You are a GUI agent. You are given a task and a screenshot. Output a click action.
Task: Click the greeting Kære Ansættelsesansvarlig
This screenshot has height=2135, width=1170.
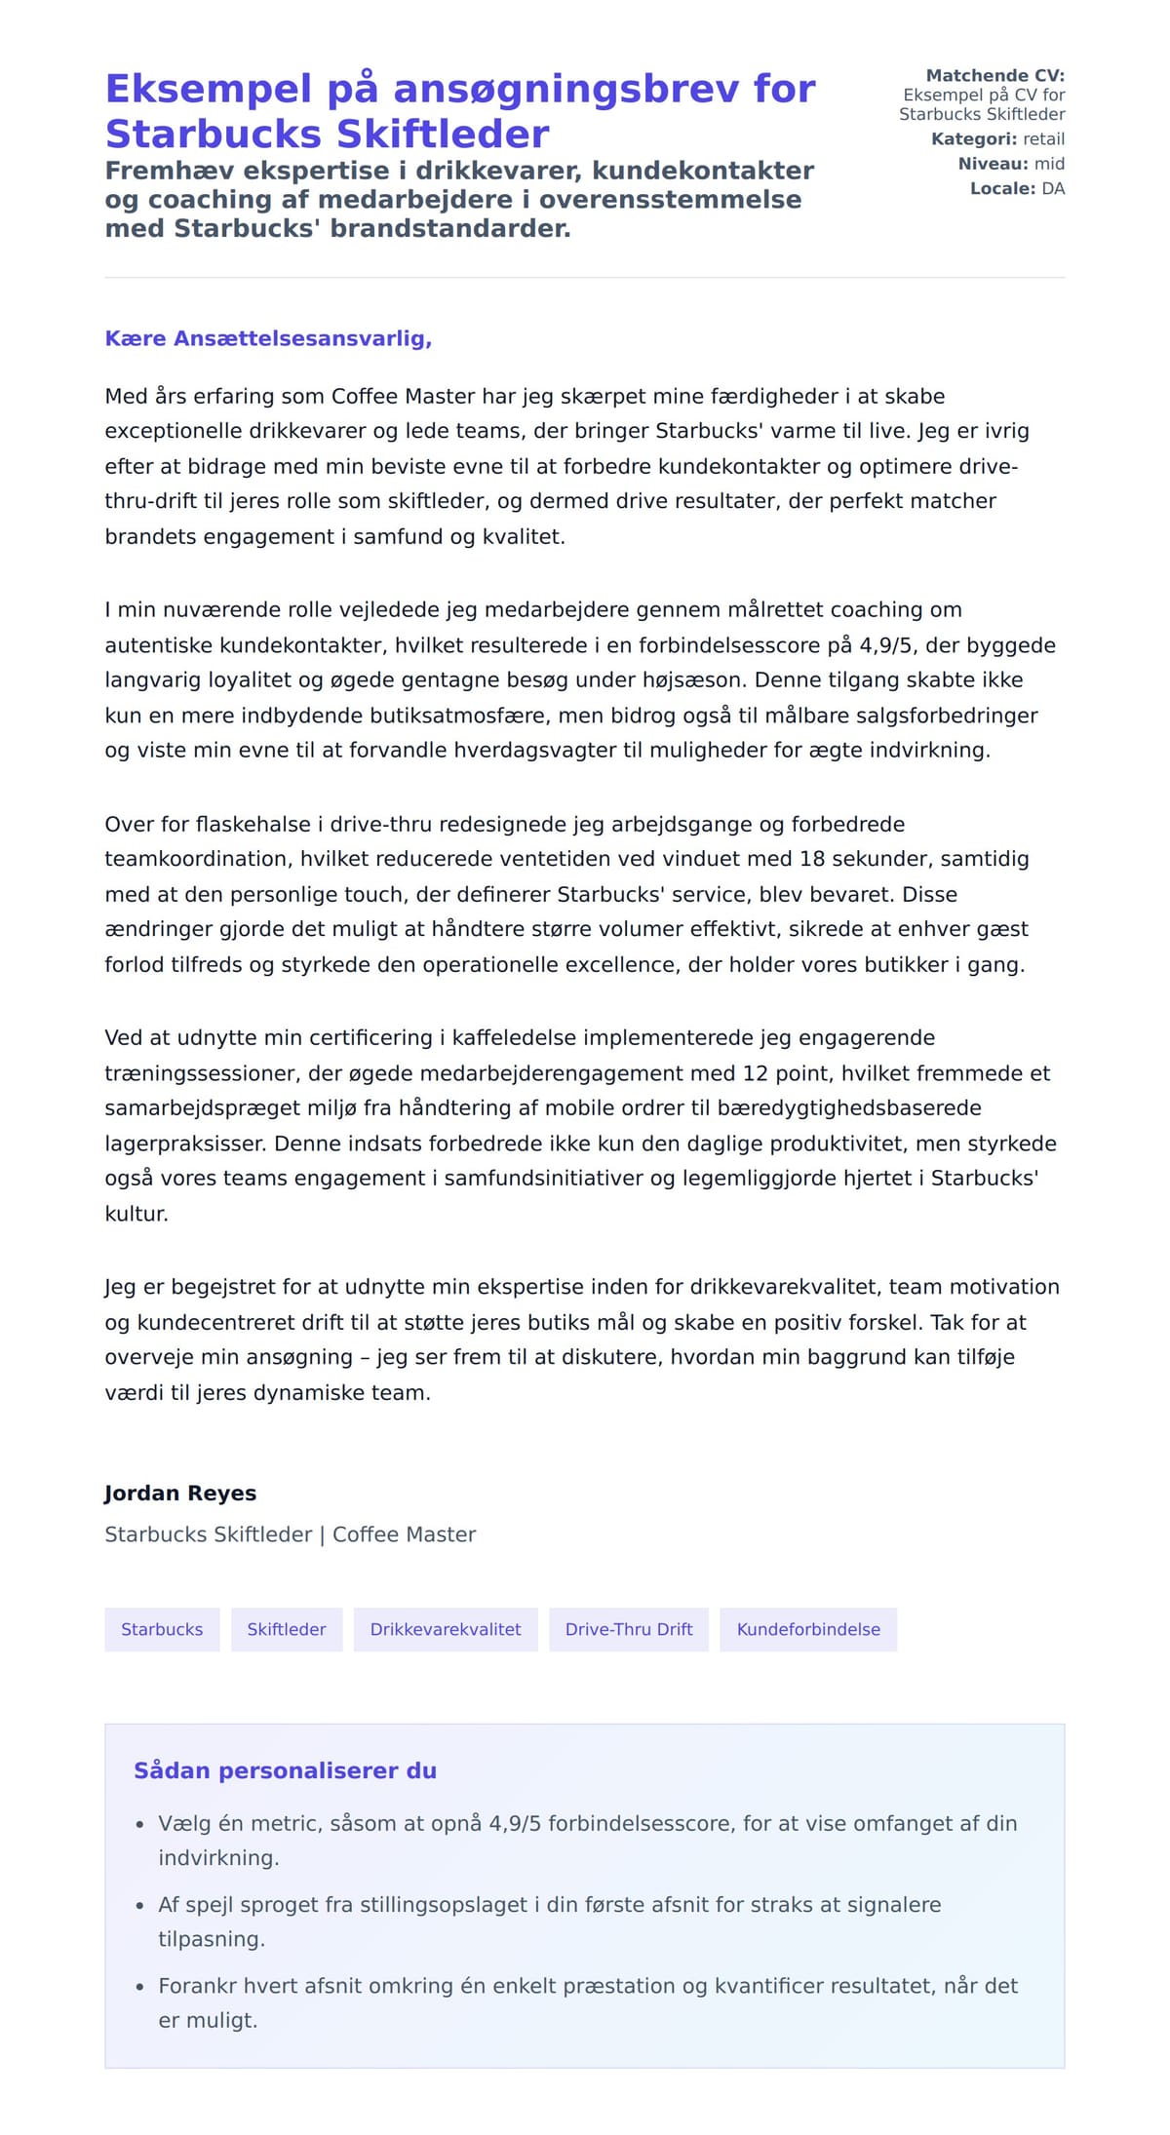268,338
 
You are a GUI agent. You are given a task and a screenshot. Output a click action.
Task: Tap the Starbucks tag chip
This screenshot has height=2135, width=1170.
162,1629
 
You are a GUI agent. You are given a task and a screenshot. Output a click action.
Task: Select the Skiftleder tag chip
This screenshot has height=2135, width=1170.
287,1629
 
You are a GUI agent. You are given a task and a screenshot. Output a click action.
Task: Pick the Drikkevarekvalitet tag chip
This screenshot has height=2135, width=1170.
446,1629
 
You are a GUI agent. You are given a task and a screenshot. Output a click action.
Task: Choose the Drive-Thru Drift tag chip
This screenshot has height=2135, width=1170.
629,1629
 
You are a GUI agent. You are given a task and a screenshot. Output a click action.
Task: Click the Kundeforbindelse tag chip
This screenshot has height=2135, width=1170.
808,1629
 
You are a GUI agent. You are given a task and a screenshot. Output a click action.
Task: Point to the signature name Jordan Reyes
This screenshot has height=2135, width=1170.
180,1493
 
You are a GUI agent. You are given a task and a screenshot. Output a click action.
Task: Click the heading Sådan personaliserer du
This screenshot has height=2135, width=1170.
285,1770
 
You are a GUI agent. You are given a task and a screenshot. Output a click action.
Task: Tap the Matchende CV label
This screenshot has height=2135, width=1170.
994,75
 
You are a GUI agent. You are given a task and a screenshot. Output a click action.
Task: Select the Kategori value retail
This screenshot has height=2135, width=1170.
1043,138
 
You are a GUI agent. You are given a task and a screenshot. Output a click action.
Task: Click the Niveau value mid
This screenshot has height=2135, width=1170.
1049,164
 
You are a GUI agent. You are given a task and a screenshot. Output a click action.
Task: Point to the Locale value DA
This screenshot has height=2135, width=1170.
1053,188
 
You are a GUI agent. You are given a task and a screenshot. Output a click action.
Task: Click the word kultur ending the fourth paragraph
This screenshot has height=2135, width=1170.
136,1214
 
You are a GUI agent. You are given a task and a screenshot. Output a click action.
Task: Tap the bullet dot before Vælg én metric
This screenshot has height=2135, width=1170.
139,1824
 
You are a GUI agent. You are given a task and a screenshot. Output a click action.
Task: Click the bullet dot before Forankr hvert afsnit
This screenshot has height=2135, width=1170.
139,1987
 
